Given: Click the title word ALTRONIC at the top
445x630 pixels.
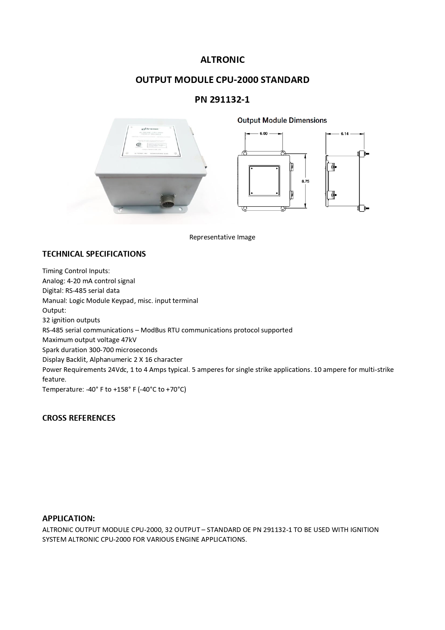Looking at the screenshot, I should [222, 60].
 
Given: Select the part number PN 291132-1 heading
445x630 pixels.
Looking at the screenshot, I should [222, 99].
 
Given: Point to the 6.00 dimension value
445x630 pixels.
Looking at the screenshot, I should [264, 134].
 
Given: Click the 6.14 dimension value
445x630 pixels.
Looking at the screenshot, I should [345, 134].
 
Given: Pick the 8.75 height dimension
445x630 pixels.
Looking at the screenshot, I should [305, 181].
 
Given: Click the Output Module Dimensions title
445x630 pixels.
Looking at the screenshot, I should [282, 120].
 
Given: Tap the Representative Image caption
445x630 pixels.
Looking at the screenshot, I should [222, 237].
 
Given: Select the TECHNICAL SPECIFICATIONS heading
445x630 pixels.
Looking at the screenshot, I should [94, 254].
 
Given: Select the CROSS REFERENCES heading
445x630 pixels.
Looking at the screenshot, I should [79, 418].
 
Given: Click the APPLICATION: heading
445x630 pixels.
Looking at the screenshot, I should [68, 518].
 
